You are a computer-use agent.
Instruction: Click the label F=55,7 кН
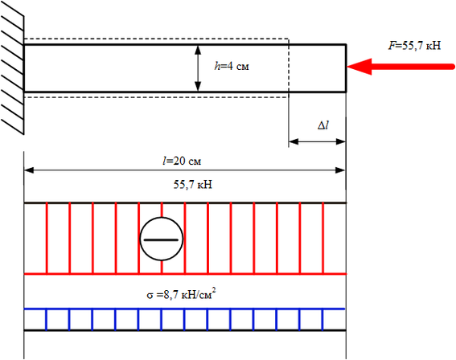tap(415, 46)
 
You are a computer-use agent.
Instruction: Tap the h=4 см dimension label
tap(232, 66)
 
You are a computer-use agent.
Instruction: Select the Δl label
tap(323, 125)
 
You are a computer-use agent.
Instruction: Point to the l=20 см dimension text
tap(182, 161)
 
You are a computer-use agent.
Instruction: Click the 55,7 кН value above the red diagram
tap(193, 185)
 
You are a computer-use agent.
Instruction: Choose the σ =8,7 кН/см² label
tap(181, 294)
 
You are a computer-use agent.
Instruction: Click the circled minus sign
tap(162, 239)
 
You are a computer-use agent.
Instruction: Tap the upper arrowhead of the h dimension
tap(198, 51)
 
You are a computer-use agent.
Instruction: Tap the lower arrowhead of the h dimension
tap(198, 86)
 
